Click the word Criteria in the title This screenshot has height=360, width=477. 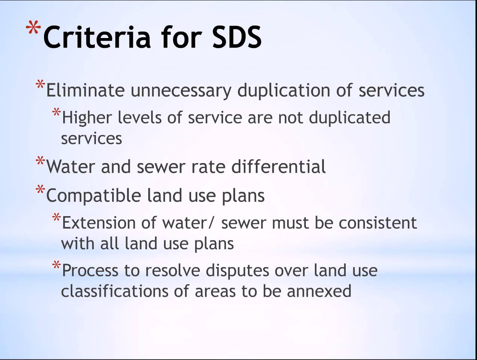coord(97,37)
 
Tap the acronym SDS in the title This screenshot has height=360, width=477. coord(237,37)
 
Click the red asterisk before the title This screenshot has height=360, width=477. coord(33,27)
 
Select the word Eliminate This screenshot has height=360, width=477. coord(85,90)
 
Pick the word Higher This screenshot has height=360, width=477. coord(87,118)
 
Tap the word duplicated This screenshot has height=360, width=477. coord(349,118)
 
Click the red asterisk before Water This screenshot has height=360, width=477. coord(40,160)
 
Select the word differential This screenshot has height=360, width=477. coord(278,166)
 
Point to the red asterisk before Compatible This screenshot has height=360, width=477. coord(40,189)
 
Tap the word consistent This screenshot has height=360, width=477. coord(378,223)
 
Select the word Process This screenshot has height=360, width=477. coord(90,270)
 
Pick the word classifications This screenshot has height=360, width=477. coord(115,291)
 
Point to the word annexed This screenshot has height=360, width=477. coord(319,291)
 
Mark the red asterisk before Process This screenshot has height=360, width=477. coord(56,265)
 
